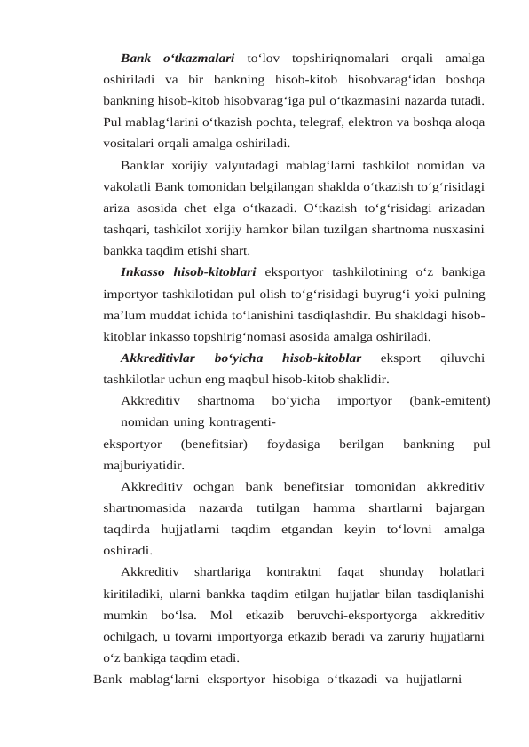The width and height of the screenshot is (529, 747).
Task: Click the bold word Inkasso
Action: click(145, 271)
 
